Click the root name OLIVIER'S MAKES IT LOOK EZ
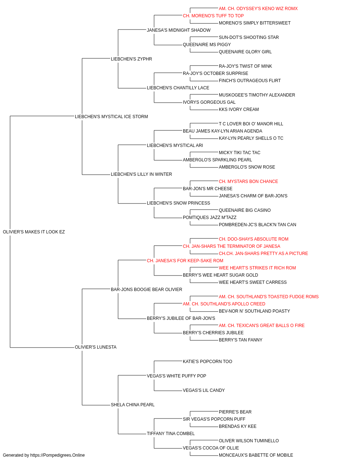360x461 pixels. click(x=34, y=232)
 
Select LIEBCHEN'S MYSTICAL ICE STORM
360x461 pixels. click(x=111, y=117)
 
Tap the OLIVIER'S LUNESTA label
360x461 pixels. click(x=96, y=347)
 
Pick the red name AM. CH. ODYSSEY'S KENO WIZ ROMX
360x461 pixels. click(x=258, y=9)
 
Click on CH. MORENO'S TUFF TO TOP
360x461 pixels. click(x=213, y=16)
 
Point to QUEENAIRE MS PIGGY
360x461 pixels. click(x=207, y=45)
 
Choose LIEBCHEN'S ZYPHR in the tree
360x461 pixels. click(x=131, y=59)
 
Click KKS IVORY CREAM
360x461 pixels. click(x=239, y=109)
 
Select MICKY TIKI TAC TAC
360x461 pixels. click(x=239, y=153)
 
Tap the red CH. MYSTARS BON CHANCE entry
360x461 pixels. click(x=248, y=182)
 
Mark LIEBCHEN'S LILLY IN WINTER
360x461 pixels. click(x=141, y=174)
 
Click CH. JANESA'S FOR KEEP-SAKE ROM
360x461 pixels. click(x=185, y=261)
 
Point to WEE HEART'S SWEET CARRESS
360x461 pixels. click(x=253, y=282)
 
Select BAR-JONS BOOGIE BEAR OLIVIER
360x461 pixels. click(x=147, y=290)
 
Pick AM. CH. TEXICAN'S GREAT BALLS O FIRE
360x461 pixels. click(x=262, y=326)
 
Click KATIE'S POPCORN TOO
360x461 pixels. click(x=207, y=362)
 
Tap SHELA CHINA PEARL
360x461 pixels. click(x=133, y=405)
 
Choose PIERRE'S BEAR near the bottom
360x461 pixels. click(x=235, y=412)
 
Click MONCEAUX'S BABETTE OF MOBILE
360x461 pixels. click(x=256, y=455)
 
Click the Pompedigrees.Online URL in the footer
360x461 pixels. click(x=58, y=455)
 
